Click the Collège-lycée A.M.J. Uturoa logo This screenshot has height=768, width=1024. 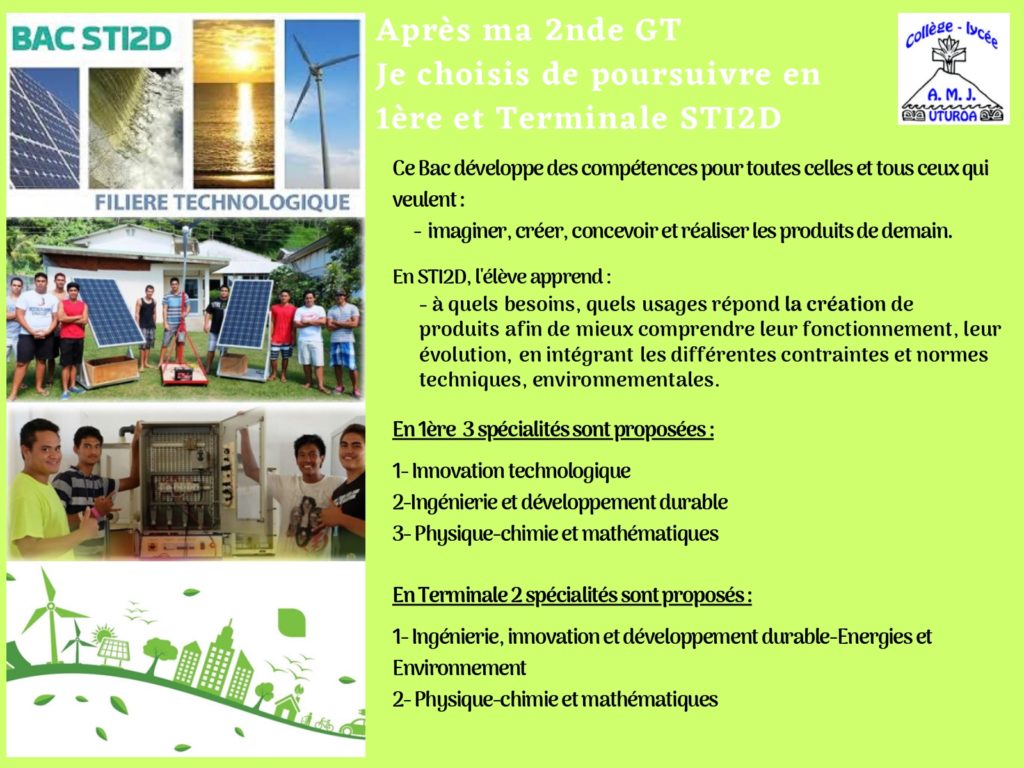(953, 69)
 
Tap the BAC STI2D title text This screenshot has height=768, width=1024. (91, 39)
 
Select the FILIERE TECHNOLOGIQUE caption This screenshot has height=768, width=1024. (222, 202)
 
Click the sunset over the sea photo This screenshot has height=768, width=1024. (234, 104)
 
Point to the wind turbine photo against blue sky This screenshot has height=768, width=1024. (322, 104)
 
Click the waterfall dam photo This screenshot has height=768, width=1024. (136, 128)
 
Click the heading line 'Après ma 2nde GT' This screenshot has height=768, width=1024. (529, 31)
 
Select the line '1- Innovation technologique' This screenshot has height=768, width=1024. (511, 471)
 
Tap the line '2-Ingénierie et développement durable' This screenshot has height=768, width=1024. (560, 502)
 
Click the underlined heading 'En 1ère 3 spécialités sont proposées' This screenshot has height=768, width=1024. (553, 430)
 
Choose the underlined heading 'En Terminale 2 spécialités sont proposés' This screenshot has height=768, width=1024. (572, 596)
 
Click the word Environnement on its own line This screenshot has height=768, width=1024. (459, 667)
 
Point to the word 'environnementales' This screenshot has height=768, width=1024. (626, 379)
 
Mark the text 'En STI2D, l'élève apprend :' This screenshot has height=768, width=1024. (502, 277)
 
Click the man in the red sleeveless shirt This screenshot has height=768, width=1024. (72, 340)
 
